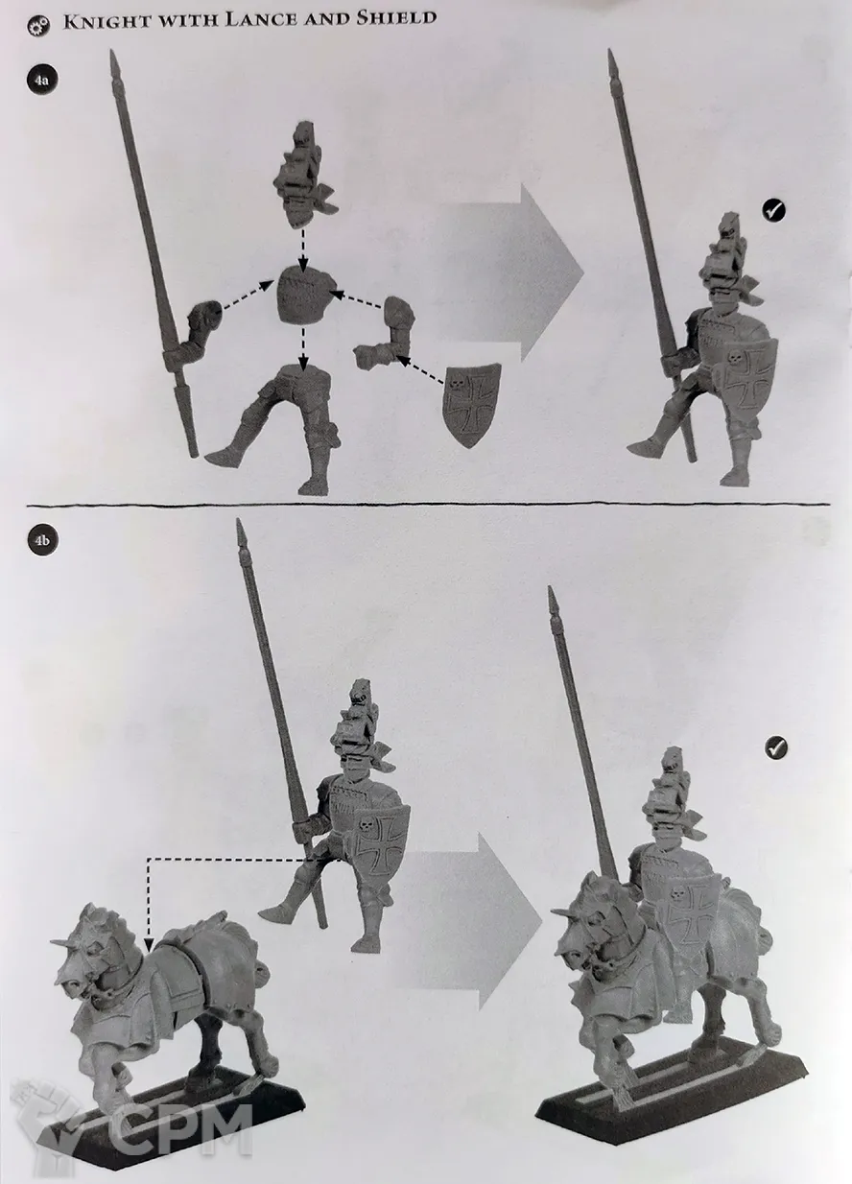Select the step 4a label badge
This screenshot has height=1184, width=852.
coord(41,80)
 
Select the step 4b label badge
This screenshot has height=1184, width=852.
coord(43,540)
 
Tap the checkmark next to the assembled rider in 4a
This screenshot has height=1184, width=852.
coord(773,210)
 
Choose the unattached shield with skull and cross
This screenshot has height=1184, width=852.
coord(471,404)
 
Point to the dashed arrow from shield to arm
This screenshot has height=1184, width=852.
coord(421,369)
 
